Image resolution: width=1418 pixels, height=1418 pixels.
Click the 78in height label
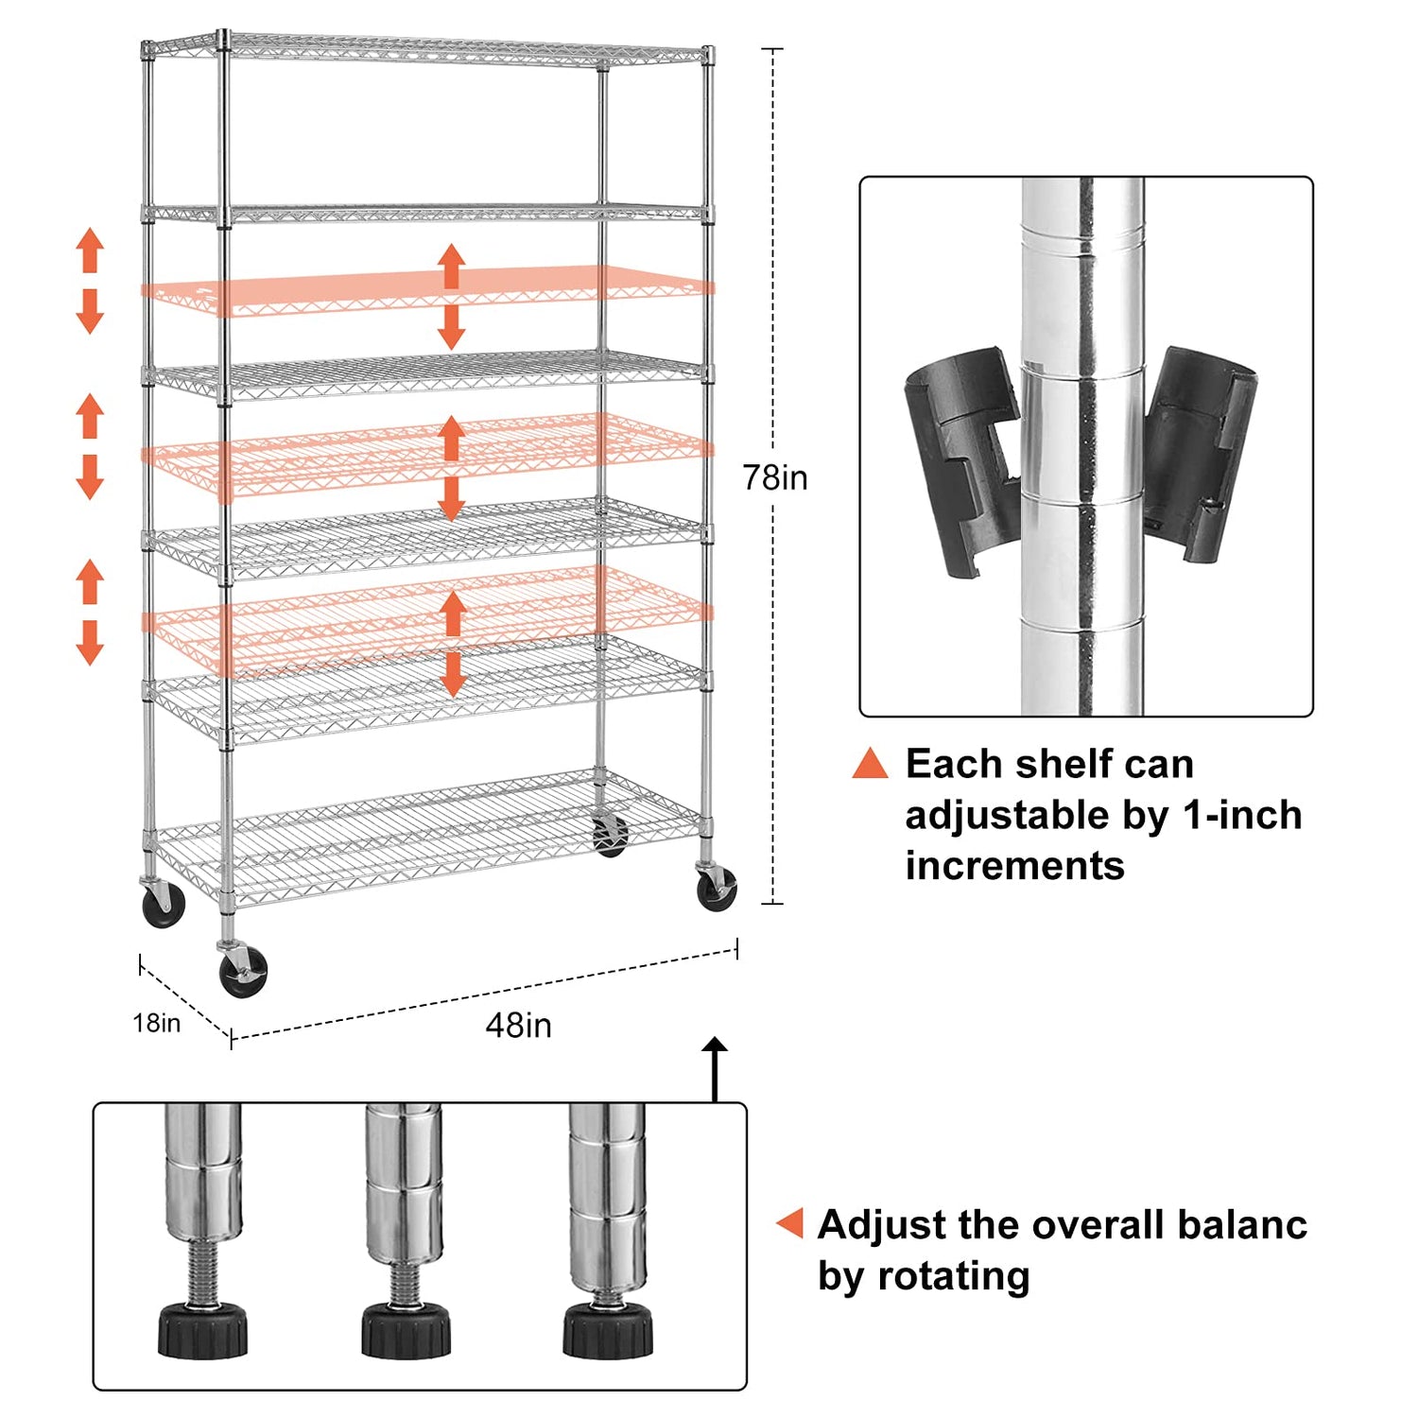774,478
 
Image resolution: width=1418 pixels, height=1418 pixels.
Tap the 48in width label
518,1026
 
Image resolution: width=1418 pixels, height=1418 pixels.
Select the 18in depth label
156,1023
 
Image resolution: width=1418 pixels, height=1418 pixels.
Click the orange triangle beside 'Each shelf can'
871,764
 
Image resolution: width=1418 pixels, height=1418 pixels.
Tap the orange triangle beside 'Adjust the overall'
791,1222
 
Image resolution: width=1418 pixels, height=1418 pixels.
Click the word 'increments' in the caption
1014,866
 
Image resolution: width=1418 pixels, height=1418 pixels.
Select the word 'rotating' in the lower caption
953,1276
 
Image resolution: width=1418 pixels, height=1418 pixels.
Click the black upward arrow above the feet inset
716,1068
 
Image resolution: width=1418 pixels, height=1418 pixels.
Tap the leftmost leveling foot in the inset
202,1328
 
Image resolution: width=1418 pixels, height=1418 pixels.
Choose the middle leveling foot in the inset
406,1328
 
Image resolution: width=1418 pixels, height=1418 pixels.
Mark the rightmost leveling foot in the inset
608,1328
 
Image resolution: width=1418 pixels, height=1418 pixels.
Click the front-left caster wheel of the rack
243,974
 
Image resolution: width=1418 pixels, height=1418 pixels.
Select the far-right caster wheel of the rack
716,890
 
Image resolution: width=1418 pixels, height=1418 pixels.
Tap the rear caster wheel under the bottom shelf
610,836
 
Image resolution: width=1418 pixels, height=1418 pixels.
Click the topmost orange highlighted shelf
425,288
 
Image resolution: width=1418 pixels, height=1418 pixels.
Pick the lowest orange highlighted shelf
425,619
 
